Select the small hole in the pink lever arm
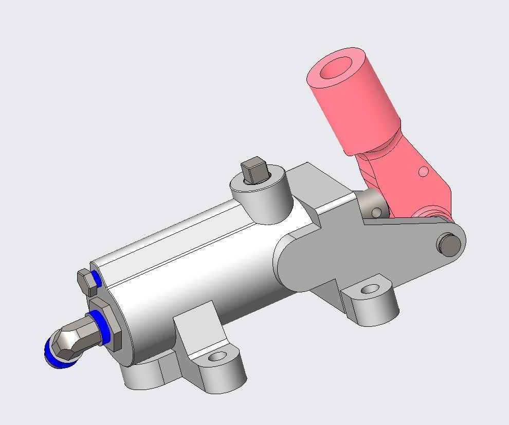click(x=423, y=171)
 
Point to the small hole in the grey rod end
click(x=376, y=212)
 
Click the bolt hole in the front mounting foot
click(x=217, y=356)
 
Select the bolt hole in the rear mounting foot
click(x=370, y=289)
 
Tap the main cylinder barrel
click(x=195, y=267)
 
